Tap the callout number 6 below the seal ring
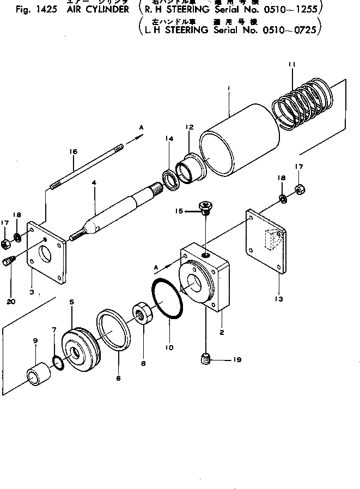(x=119, y=377)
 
